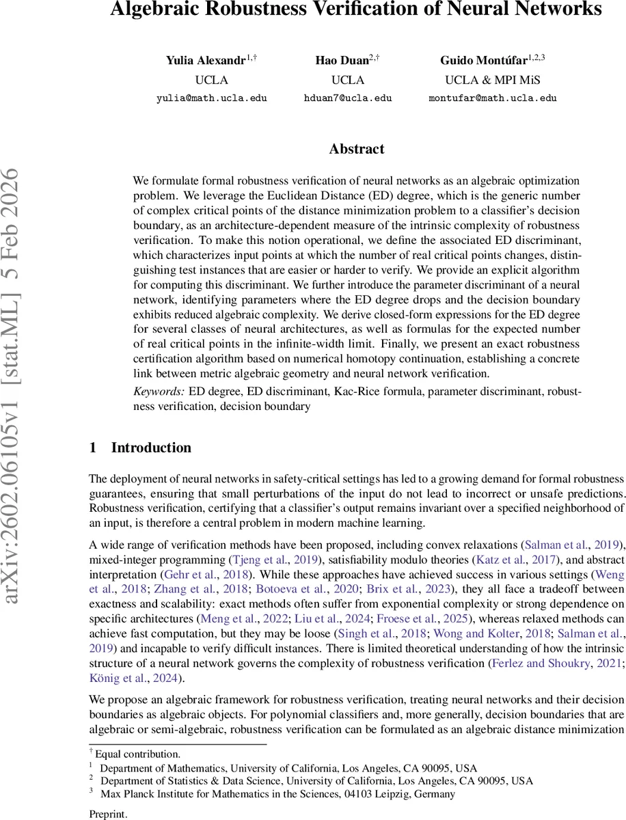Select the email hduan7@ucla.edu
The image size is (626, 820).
[x=348, y=98]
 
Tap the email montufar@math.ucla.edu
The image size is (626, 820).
[x=493, y=98]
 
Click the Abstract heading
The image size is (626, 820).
[x=357, y=149]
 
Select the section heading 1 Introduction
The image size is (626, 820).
[x=140, y=448]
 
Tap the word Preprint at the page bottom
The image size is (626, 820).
[x=108, y=814]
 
